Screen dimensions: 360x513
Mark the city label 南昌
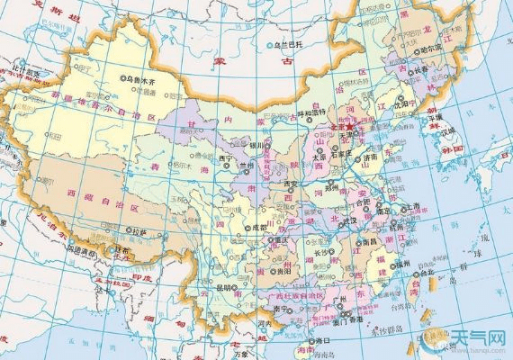(370, 241)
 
